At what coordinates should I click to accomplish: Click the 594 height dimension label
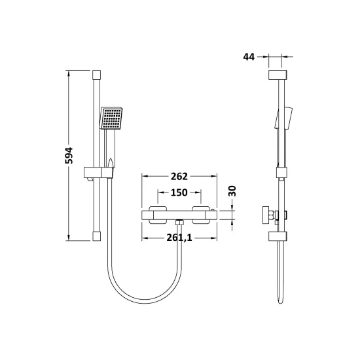pos(69,155)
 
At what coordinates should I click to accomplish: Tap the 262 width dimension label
pos(179,176)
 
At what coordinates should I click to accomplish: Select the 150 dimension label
pos(179,192)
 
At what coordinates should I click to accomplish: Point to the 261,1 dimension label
pos(179,238)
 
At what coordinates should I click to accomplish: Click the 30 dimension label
pos(232,190)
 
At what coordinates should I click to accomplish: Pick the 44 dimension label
pos(249,57)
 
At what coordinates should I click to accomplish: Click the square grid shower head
pos(111,118)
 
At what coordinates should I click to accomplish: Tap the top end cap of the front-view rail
pos(97,75)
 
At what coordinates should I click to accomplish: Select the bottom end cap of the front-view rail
pos(97,236)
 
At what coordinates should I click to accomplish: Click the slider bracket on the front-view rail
pos(98,173)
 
